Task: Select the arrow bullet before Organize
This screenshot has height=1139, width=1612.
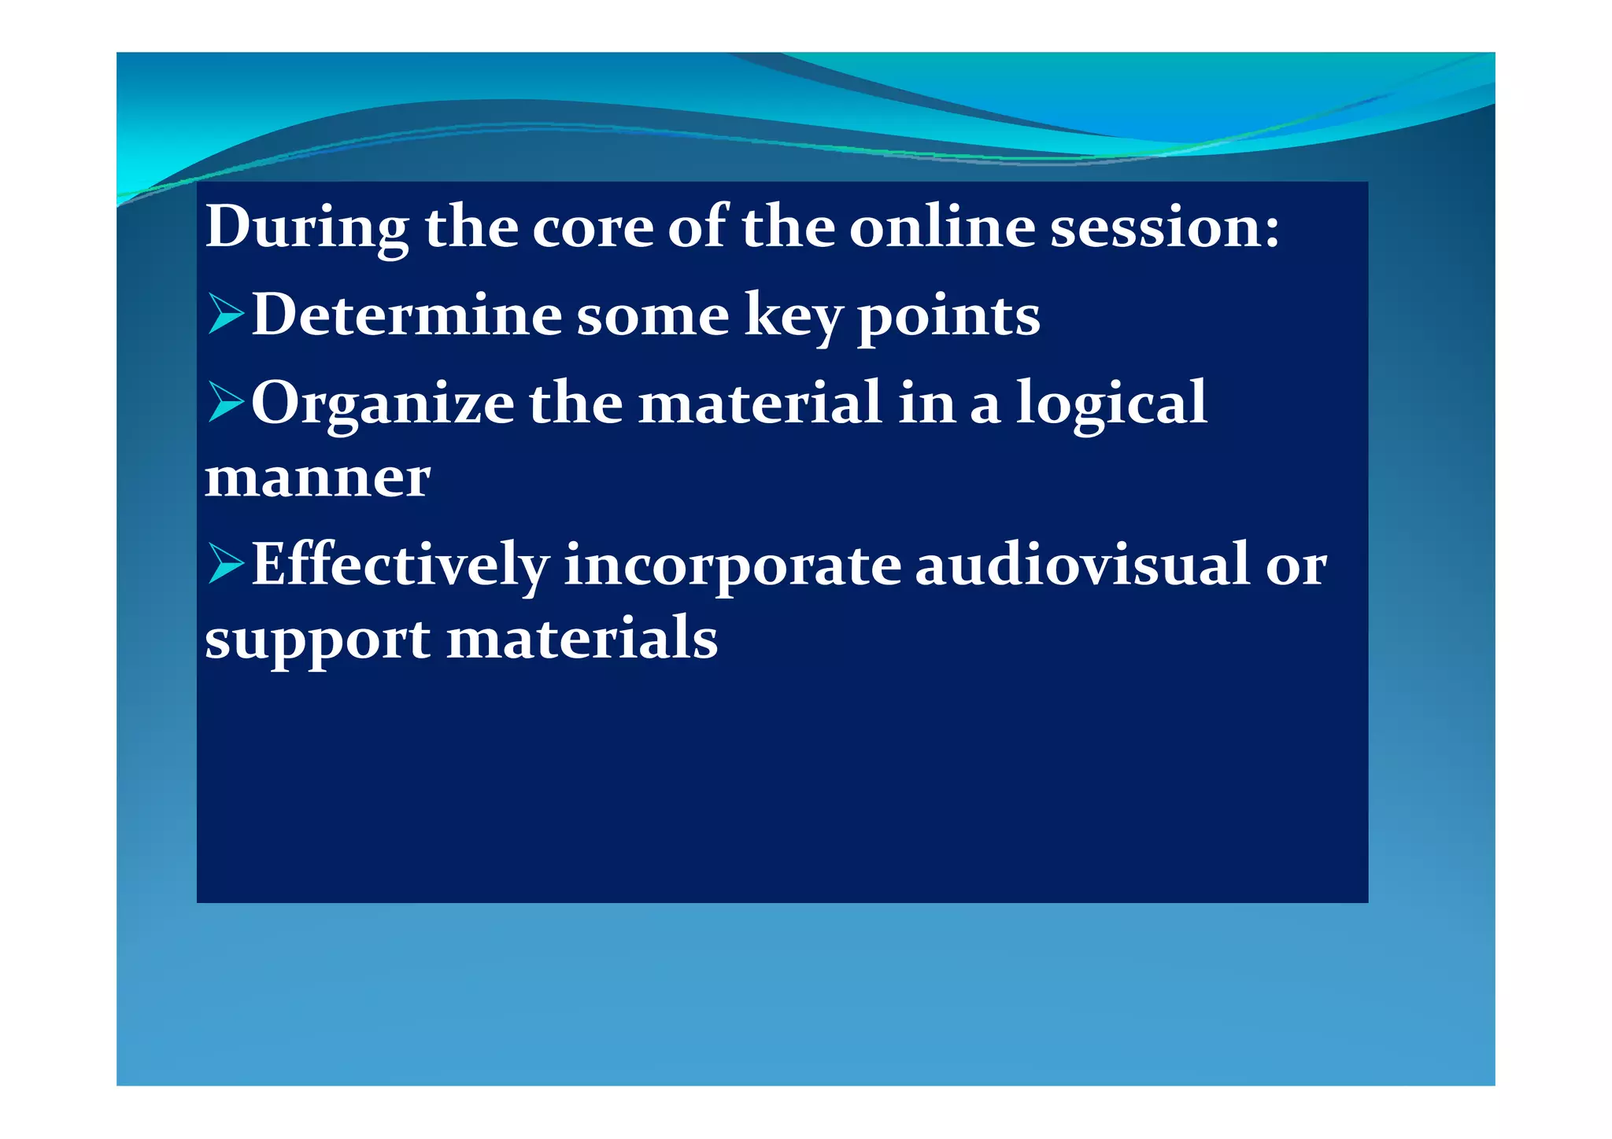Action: click(x=226, y=403)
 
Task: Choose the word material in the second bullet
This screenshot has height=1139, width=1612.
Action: click(x=760, y=403)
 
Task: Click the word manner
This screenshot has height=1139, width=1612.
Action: click(x=317, y=477)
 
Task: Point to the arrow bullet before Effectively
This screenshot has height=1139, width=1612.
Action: click(x=226, y=565)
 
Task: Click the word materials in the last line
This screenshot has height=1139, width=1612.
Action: click(x=582, y=639)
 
